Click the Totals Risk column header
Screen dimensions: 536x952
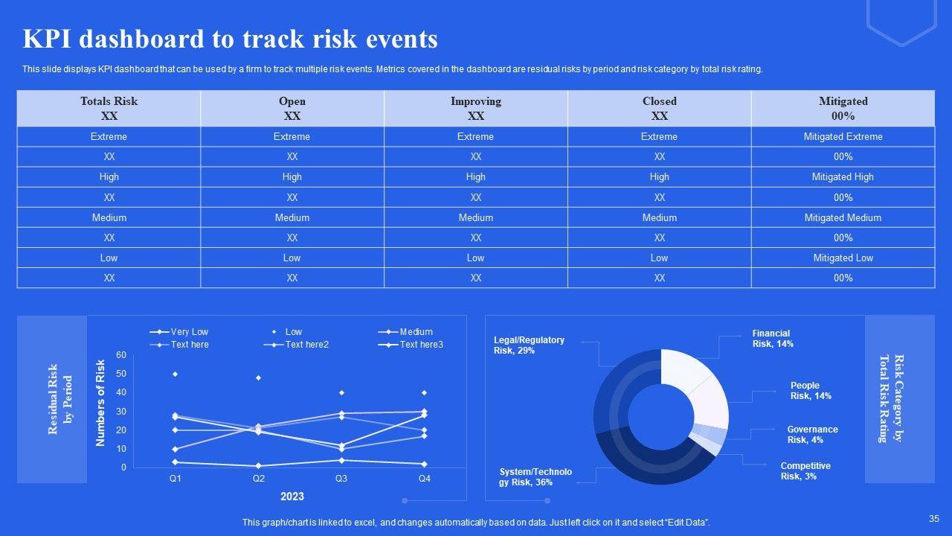click(x=109, y=108)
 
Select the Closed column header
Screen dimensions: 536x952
click(x=659, y=108)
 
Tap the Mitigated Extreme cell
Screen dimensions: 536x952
click(x=843, y=137)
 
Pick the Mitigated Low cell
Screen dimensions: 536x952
click(x=843, y=258)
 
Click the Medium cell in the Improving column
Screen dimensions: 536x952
click(x=475, y=218)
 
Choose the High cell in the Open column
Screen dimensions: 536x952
click(x=292, y=177)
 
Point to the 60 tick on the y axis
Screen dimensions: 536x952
click(x=121, y=355)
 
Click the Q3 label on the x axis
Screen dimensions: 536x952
click(x=341, y=479)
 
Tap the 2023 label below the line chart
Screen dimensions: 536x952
click(x=292, y=497)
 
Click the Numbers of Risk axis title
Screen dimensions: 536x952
click(x=101, y=403)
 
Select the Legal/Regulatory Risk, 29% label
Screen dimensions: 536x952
click(x=529, y=345)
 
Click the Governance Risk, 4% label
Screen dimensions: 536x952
click(x=812, y=435)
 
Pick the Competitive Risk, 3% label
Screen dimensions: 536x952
click(x=805, y=471)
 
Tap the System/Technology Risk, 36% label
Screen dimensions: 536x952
click(x=535, y=477)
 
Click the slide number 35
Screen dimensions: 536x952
click(x=934, y=519)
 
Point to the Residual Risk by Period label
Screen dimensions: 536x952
click(x=60, y=399)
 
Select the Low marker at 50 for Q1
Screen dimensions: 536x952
click(x=175, y=374)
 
